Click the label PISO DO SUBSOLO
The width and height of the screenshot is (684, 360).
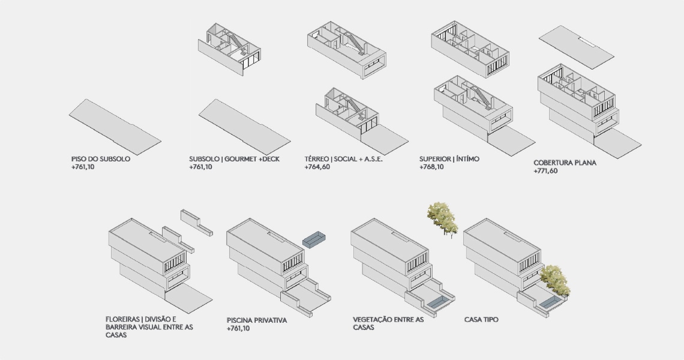pos(100,159)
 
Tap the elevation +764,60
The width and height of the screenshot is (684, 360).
pos(317,167)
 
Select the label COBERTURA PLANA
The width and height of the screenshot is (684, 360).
pos(565,163)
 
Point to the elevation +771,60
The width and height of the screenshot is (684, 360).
pos(545,171)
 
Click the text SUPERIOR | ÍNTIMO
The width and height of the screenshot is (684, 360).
pos(449,159)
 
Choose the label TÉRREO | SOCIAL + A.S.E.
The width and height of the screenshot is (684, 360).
pos(343,159)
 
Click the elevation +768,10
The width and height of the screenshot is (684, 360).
pos(431,167)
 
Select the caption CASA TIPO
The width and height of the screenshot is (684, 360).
pos(481,320)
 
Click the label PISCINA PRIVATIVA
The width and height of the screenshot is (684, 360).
pos(257,320)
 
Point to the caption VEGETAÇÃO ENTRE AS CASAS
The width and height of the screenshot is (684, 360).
pos(388,323)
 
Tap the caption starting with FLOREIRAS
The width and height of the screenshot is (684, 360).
pos(149,327)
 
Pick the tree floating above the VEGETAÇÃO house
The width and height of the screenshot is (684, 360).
pos(442,218)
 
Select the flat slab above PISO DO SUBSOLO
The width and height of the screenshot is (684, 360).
pos(115,125)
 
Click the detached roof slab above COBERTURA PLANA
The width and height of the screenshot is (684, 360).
pos(576,47)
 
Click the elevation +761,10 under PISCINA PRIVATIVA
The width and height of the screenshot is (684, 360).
pos(238,329)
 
